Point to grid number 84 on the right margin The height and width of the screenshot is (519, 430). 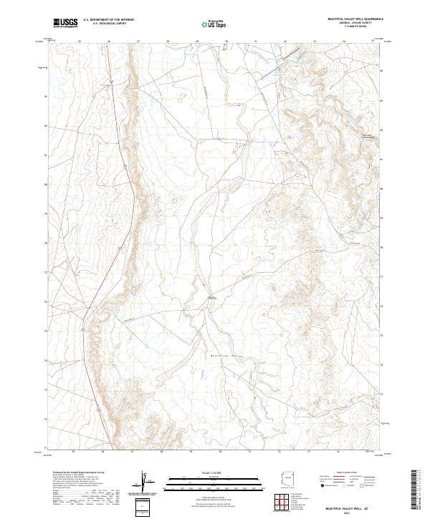[x=382, y=71]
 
